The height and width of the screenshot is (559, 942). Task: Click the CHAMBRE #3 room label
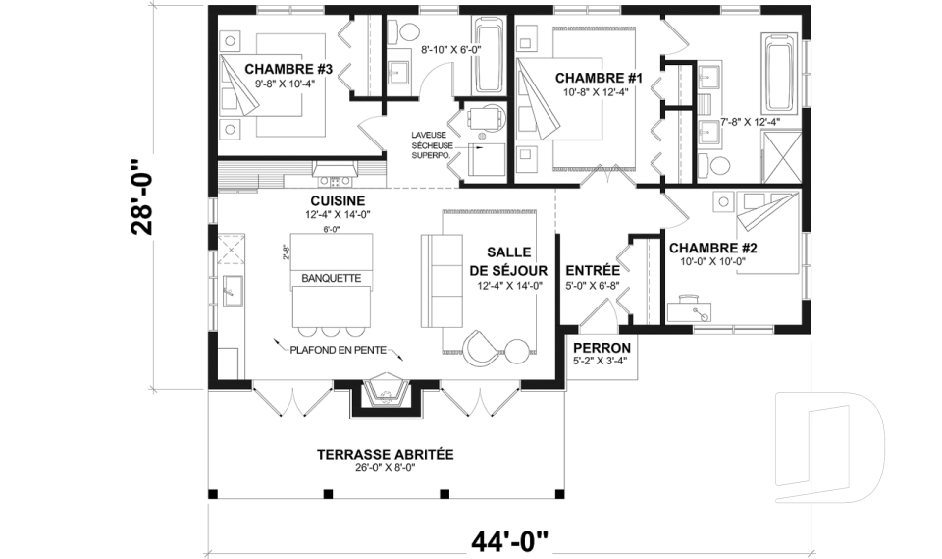tap(288, 69)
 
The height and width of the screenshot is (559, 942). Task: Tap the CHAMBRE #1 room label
tap(599, 78)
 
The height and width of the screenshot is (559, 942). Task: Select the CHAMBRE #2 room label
tap(713, 248)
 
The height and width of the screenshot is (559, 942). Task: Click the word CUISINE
tap(338, 201)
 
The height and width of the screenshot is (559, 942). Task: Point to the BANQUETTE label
tap(332, 278)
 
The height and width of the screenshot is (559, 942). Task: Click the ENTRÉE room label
tap(593, 270)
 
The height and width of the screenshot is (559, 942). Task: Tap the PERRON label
tap(602, 348)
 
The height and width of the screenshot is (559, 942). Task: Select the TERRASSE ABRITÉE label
tap(385, 454)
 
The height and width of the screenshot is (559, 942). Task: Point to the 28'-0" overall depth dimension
tap(143, 196)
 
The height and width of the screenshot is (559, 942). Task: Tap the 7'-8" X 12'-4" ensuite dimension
tap(750, 122)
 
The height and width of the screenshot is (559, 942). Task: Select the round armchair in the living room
tap(482, 347)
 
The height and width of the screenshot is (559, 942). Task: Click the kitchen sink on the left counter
tap(232, 290)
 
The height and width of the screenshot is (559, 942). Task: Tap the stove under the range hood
tap(334, 180)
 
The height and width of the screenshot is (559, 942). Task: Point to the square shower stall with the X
tap(781, 157)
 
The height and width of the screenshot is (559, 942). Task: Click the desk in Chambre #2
tap(689, 309)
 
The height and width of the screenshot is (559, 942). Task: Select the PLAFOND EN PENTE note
tap(339, 350)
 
